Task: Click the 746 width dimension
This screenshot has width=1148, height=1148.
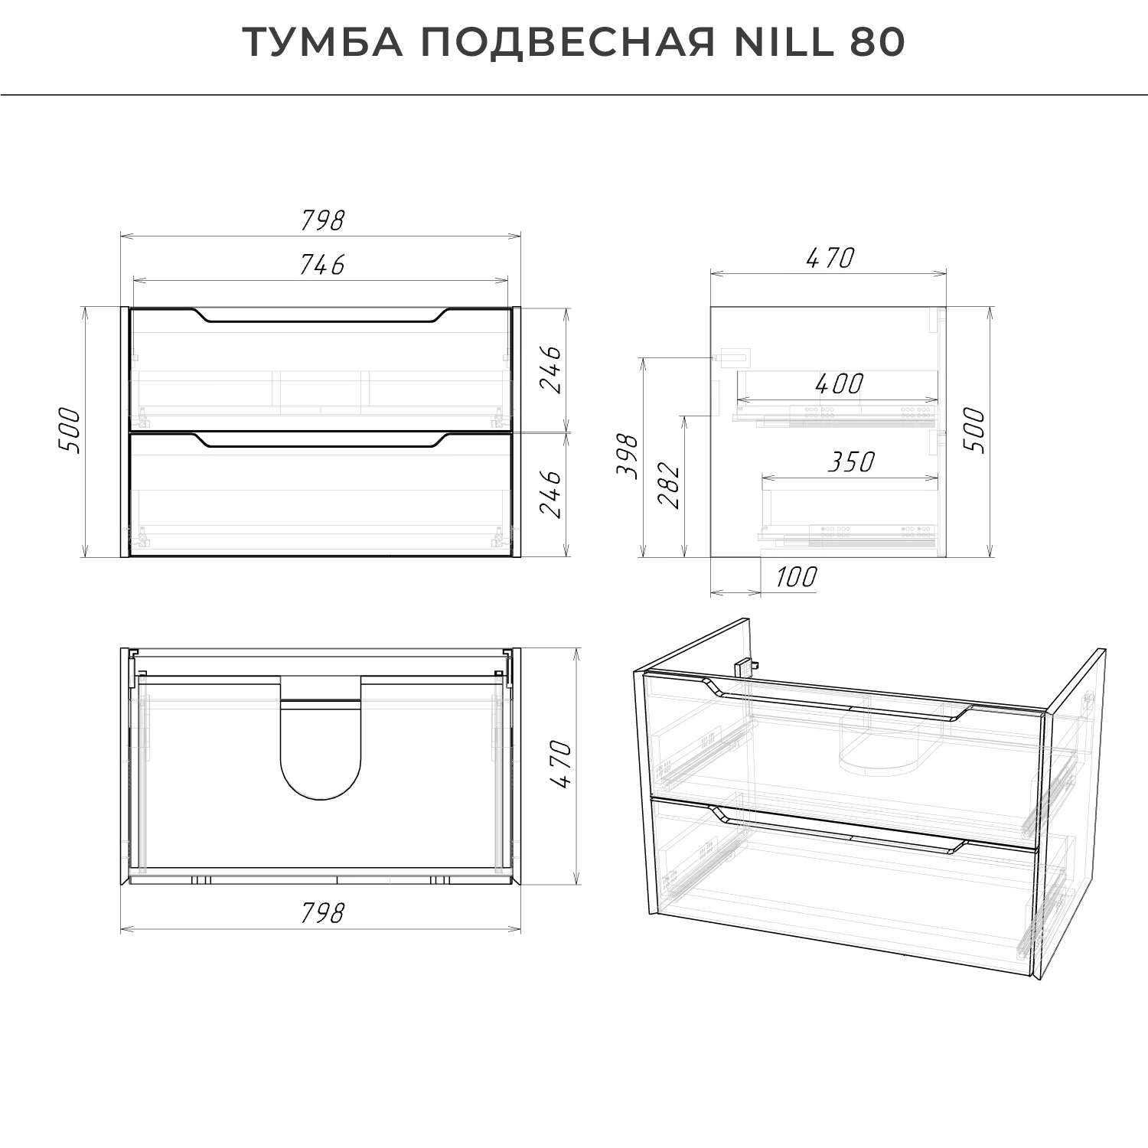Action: coord(321,265)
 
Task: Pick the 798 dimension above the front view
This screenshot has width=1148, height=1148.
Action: coord(321,220)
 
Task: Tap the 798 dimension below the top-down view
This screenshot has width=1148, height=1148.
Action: coord(321,913)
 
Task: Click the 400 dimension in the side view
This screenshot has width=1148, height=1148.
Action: coord(839,383)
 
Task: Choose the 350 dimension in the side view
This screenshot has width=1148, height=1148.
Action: coord(850,462)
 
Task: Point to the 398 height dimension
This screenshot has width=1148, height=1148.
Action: coord(628,456)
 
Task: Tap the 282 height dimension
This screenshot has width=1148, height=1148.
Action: coord(668,485)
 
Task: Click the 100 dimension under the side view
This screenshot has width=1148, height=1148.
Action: coord(796,577)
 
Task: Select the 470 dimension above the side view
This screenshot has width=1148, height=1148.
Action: coord(830,259)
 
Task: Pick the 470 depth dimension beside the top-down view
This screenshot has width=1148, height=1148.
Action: coord(561,764)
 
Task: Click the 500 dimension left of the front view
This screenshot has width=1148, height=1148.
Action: coord(69,430)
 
